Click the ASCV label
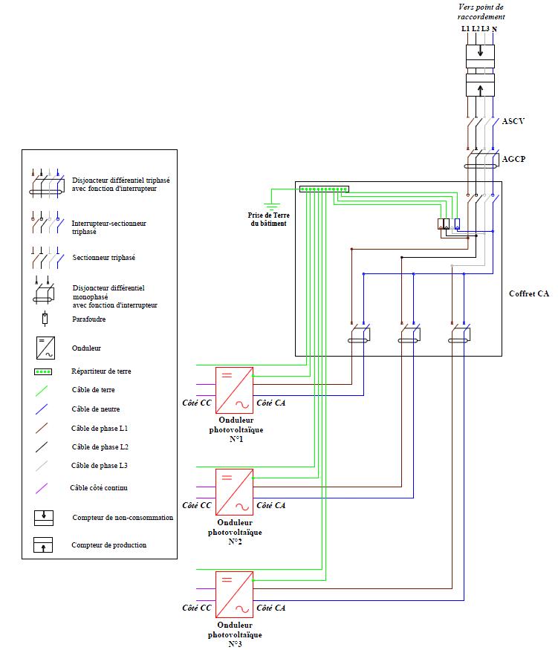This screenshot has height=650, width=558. pos(514,120)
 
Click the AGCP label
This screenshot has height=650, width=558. pos(514,159)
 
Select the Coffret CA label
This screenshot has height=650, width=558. pos(528,293)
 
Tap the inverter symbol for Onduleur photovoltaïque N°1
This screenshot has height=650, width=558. pos(234,390)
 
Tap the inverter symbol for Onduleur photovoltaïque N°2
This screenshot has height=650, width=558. pos(234,492)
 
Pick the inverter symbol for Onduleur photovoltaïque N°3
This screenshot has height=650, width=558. pos(234,594)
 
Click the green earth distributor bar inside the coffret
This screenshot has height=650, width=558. pos(324,189)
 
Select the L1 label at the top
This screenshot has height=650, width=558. pos(466,29)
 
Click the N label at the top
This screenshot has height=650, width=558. pos(495,29)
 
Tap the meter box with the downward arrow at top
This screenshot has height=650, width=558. pos(481,53)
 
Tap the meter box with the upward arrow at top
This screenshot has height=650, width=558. pos(481,88)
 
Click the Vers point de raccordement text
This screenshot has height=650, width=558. pos(481,11)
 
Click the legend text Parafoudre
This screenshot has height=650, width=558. pos(88,320)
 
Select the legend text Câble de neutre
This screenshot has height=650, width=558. pos(96,409)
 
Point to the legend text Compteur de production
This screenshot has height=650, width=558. pos(109,545)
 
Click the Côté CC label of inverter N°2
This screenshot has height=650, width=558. pos(197,506)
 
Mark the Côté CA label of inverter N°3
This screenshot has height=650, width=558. pos(270,608)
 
